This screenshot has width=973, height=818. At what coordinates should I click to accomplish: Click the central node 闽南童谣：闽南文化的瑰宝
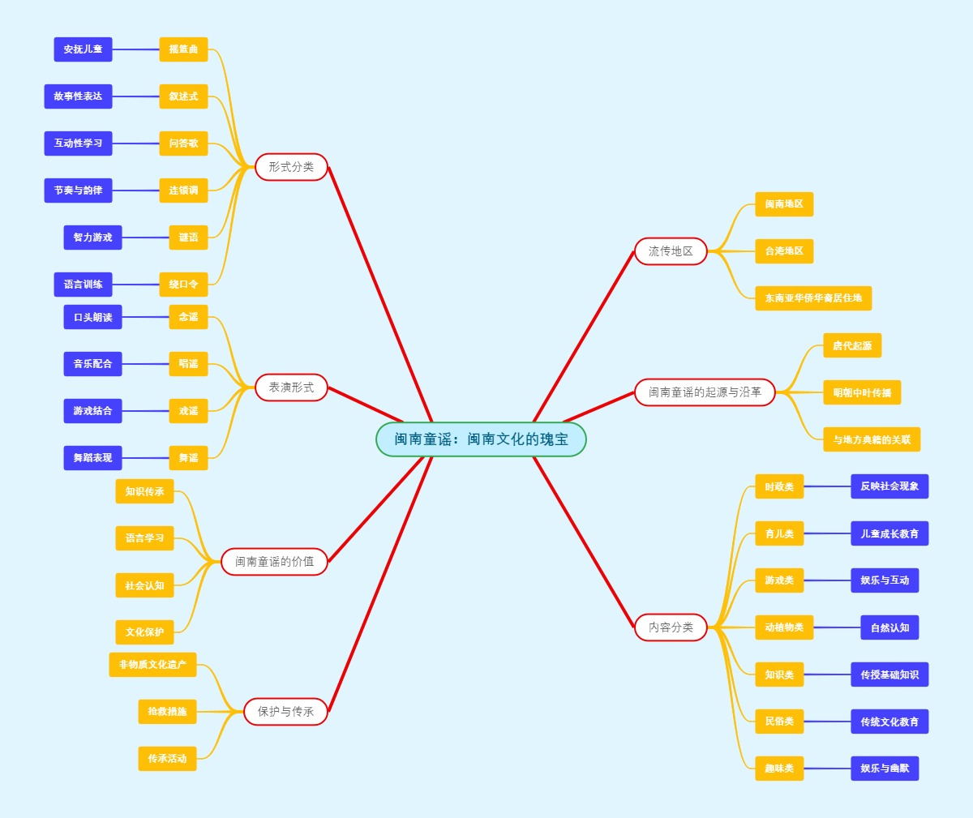click(481, 439)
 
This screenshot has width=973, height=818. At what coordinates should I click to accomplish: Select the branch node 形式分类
click(291, 167)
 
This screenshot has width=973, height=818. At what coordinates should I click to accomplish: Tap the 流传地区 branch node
click(671, 251)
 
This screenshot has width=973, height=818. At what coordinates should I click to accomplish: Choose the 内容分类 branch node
click(671, 627)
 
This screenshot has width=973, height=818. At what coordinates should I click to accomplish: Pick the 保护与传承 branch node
click(285, 711)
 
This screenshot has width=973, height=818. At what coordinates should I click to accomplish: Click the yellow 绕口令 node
click(183, 285)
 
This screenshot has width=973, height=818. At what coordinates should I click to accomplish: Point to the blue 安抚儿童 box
click(83, 49)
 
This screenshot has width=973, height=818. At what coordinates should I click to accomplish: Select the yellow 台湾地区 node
click(784, 251)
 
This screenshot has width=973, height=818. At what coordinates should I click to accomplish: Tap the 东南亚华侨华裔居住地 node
click(813, 298)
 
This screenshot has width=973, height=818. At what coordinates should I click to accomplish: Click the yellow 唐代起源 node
click(852, 345)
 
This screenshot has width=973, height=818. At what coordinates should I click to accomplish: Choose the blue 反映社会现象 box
click(889, 486)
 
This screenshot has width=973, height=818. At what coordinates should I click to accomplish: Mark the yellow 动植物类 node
click(784, 627)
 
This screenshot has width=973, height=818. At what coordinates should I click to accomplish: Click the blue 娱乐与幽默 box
click(885, 769)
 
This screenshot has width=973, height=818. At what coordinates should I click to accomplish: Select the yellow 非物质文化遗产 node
click(152, 665)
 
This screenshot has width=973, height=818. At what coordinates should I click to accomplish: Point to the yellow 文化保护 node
click(144, 632)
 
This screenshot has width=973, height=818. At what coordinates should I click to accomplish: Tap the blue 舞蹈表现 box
click(92, 458)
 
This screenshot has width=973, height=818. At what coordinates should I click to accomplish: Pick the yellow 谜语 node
click(188, 238)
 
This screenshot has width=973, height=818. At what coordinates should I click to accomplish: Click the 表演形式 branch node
click(291, 388)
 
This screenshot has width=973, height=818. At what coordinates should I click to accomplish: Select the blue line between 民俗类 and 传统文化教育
click(827, 722)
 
